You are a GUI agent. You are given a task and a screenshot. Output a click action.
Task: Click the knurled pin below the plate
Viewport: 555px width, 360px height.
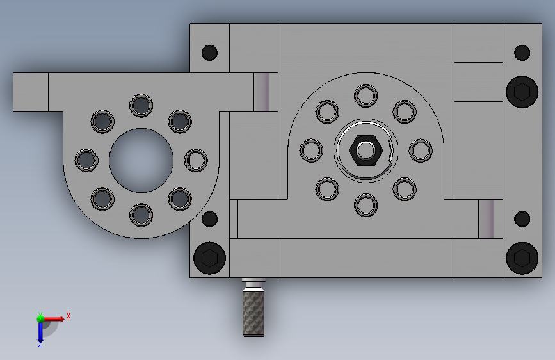(253, 307)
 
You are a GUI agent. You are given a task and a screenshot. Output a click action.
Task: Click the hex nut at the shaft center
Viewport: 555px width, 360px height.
(366, 151)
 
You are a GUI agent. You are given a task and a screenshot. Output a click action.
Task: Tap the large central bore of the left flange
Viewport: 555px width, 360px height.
(141, 161)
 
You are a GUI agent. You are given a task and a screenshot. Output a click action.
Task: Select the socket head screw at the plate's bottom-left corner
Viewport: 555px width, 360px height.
(209, 258)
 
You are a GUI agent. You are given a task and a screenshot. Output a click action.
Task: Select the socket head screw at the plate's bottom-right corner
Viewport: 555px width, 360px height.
(522, 258)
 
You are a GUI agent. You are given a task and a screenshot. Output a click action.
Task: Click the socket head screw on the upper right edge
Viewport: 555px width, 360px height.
(522, 92)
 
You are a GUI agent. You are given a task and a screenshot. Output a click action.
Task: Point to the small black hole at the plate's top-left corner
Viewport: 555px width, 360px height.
(209, 53)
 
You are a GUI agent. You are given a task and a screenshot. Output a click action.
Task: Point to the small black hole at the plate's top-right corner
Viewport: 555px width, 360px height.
(522, 53)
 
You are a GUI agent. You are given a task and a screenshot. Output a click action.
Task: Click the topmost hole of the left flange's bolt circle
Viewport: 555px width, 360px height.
(141, 106)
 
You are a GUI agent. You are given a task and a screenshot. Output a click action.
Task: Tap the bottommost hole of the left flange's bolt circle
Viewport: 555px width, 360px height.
(141, 215)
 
